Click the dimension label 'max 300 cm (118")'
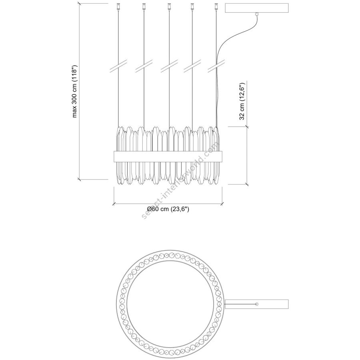click(75, 91)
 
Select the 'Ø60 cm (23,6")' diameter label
click(168, 209)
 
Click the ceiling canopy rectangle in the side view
click(257, 8)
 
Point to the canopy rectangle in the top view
click(257, 304)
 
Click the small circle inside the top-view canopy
click(257, 304)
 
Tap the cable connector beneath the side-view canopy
click(257, 14)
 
